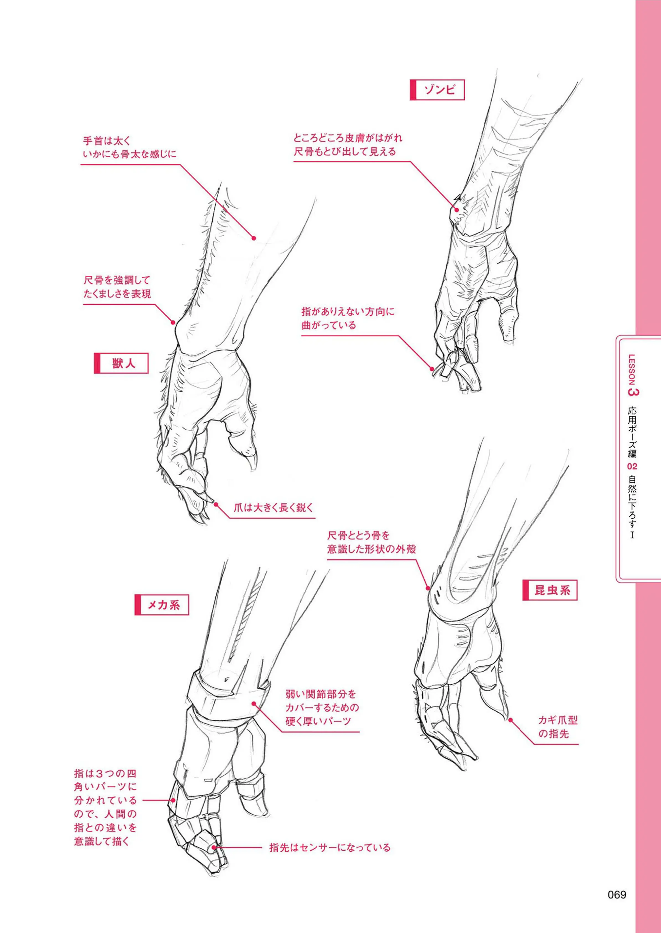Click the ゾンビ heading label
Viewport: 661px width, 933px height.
pos(437,90)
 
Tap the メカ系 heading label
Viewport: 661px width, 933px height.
pos(162,605)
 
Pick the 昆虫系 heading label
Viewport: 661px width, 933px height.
pos(550,590)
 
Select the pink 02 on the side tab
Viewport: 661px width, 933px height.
pos(632,466)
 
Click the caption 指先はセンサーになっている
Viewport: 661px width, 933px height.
pos(330,848)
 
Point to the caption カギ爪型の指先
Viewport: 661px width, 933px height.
pos(558,727)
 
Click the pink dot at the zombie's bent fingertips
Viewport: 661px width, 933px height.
pos(433,369)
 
